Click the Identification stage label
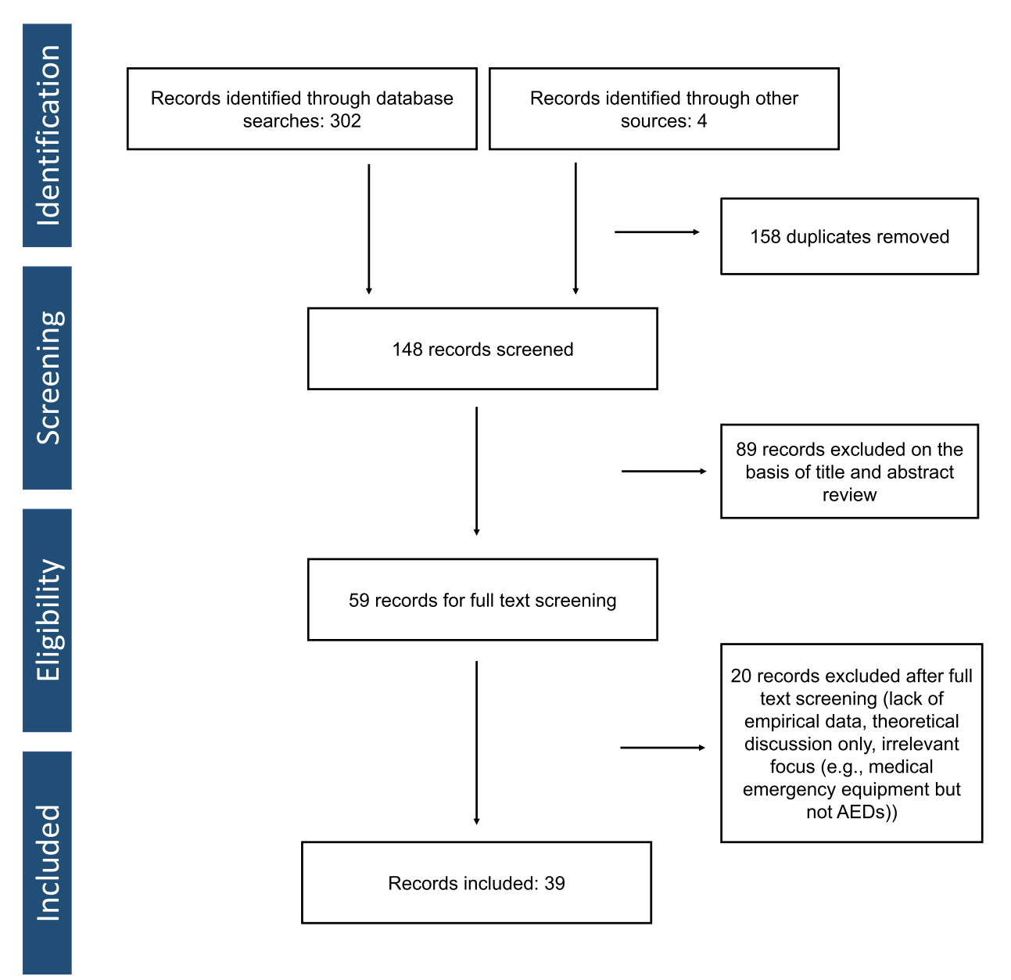[47, 135]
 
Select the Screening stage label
[48, 377]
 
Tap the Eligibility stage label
[48, 619]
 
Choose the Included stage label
[47, 863]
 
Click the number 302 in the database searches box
[345, 121]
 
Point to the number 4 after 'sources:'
[701, 121]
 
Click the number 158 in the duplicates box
[765, 237]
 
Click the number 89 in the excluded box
[746, 450]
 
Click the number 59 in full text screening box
[358, 601]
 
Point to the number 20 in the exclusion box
[740, 676]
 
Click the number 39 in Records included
[554, 883]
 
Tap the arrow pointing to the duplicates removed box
[657, 232]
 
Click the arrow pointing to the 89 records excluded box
[664, 472]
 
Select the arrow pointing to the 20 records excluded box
[662, 748]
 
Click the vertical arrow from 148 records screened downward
[476, 472]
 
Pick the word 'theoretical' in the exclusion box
[916, 721]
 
